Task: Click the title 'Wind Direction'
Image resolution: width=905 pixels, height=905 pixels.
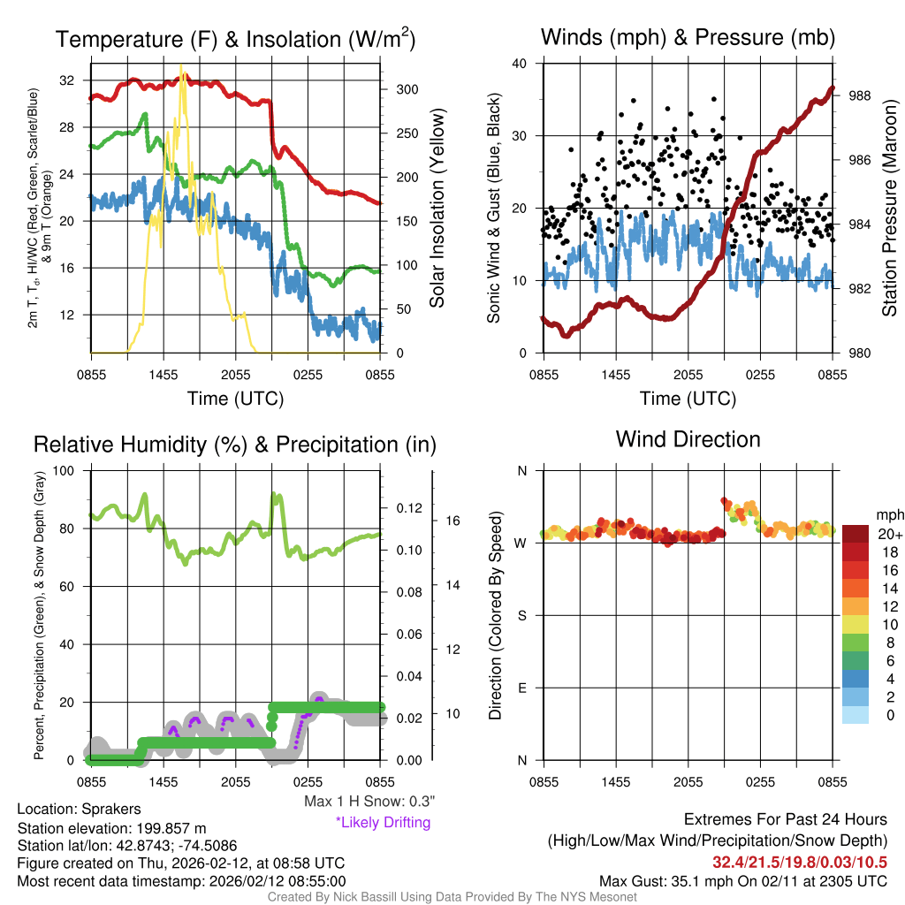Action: (x=688, y=439)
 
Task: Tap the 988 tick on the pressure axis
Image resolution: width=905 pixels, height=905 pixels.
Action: (x=860, y=95)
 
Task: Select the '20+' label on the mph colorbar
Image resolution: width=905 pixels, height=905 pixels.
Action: (x=887, y=535)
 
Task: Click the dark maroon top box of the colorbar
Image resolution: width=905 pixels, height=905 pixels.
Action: (x=856, y=534)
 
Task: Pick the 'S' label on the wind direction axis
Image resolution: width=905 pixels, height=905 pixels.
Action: (x=522, y=615)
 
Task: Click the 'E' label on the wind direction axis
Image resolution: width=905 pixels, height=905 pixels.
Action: (x=522, y=688)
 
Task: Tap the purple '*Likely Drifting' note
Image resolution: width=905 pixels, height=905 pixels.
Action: (x=383, y=822)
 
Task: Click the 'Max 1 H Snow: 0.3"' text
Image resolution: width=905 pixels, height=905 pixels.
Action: (x=369, y=802)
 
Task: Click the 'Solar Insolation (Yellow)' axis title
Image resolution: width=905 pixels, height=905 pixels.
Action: (x=437, y=209)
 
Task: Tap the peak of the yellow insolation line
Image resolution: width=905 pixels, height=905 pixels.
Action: (x=182, y=68)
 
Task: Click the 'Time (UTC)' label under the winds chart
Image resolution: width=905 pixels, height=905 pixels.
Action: (x=688, y=399)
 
